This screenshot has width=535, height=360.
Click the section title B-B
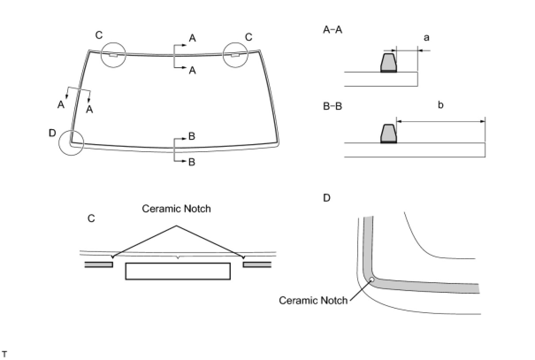click(332, 107)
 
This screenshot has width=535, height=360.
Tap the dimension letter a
click(426, 38)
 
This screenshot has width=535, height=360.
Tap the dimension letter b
click(440, 105)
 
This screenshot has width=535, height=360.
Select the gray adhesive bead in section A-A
click(389, 63)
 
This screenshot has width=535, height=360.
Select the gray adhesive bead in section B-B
click(389, 134)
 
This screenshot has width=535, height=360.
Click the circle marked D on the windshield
click(71, 143)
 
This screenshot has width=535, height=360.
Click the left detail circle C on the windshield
click(114, 55)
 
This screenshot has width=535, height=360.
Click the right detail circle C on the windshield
click(236, 55)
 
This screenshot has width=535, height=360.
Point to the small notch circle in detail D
click(372, 279)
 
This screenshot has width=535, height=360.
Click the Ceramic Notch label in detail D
click(313, 301)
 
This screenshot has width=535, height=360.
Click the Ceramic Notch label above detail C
click(176, 209)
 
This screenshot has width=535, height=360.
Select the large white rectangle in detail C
click(178, 271)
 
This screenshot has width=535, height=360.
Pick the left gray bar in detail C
click(99, 264)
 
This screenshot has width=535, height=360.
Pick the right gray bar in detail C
click(257, 264)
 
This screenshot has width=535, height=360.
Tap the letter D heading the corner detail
click(327, 198)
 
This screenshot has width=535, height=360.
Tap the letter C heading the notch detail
click(91, 218)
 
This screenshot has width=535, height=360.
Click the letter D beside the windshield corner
click(52, 132)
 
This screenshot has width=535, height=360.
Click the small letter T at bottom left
click(4, 354)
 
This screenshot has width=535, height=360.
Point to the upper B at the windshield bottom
click(191, 136)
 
